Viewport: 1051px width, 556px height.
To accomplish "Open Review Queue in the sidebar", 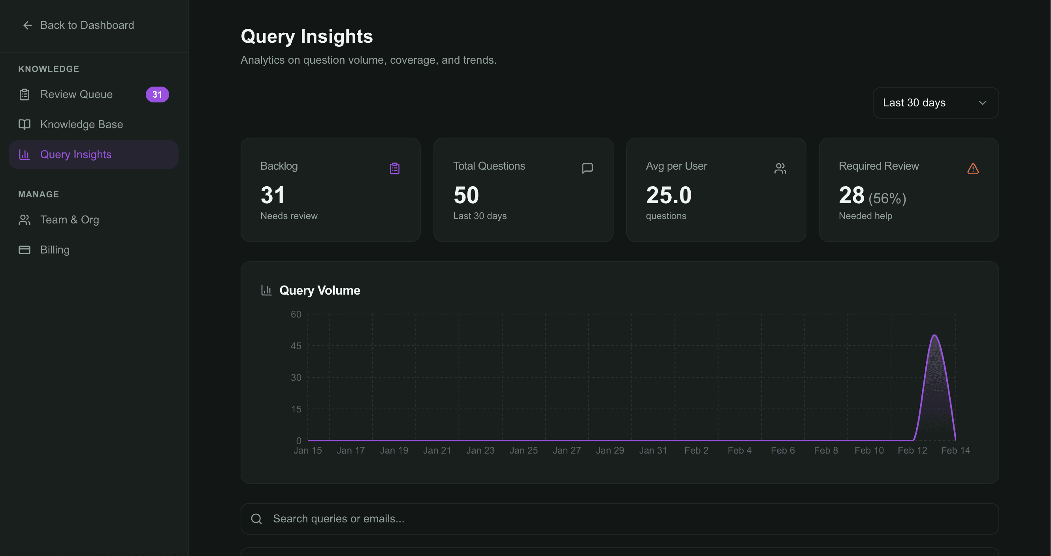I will click(x=76, y=94).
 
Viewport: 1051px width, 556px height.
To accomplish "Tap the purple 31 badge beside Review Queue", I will click(x=157, y=94).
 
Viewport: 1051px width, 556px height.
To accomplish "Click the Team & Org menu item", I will click(x=70, y=219).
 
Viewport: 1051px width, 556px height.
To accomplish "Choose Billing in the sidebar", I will click(x=55, y=250).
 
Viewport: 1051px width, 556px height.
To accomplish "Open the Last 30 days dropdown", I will click(x=935, y=103).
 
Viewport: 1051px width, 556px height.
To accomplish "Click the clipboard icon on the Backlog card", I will click(x=394, y=168).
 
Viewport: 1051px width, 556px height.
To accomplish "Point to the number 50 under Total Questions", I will click(x=466, y=195).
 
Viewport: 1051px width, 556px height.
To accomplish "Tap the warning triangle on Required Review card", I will click(x=973, y=168).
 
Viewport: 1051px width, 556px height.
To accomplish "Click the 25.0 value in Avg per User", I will click(x=668, y=195).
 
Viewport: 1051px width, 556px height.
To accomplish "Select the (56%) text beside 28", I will click(x=887, y=199).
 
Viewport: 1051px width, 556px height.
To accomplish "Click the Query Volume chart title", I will click(x=320, y=290).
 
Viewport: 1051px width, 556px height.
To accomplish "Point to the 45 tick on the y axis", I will click(x=296, y=346).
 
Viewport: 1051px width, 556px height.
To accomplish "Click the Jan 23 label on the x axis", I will click(x=480, y=450).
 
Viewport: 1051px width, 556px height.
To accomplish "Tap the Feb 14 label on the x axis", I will click(x=955, y=450).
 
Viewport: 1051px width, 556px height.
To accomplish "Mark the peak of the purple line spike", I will click(x=934, y=336).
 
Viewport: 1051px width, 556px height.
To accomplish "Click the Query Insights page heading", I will click(x=306, y=36).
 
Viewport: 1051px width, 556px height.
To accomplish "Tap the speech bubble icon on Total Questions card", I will click(x=587, y=168).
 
